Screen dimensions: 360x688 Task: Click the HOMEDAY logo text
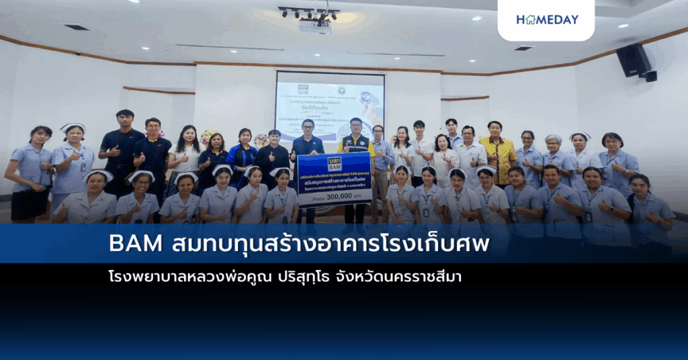[x=547, y=19]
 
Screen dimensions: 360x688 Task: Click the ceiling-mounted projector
[x=314, y=26]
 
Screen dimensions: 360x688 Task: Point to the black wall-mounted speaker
[x=634, y=60]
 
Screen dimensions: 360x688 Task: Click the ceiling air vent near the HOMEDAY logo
[x=523, y=48]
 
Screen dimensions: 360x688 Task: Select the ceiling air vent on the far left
[x=77, y=27]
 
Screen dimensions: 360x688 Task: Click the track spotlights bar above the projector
[x=309, y=11]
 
